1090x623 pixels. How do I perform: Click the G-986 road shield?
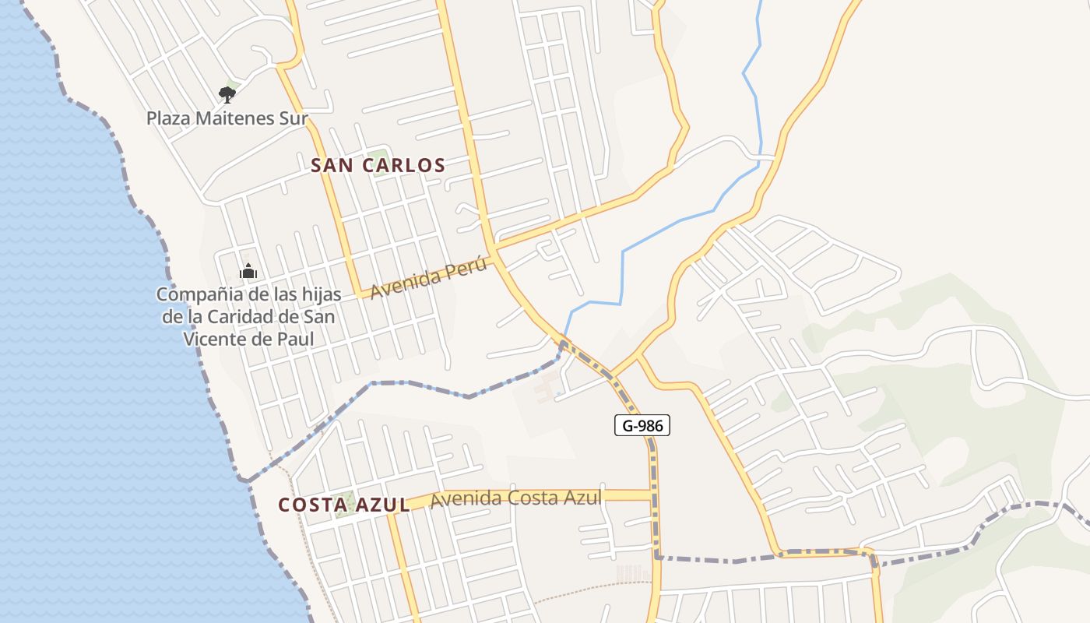click(642, 425)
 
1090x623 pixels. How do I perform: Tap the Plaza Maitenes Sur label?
click(227, 119)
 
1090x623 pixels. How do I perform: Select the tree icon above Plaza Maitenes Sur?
click(227, 95)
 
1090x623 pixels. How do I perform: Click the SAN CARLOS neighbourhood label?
click(378, 165)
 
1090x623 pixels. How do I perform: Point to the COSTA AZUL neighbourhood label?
click(344, 505)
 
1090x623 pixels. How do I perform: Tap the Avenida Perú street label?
click(428, 279)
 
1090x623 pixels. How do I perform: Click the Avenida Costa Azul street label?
click(515, 498)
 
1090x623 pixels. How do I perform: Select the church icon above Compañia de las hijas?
click(248, 272)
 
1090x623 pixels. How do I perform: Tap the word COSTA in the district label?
click(310, 505)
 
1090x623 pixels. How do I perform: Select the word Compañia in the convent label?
click(193, 295)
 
